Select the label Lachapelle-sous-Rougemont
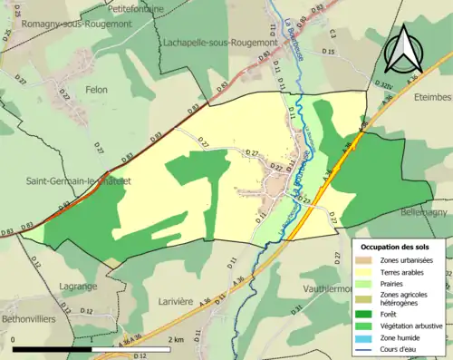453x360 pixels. tap(217, 42)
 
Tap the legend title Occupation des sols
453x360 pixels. tap(397, 247)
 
